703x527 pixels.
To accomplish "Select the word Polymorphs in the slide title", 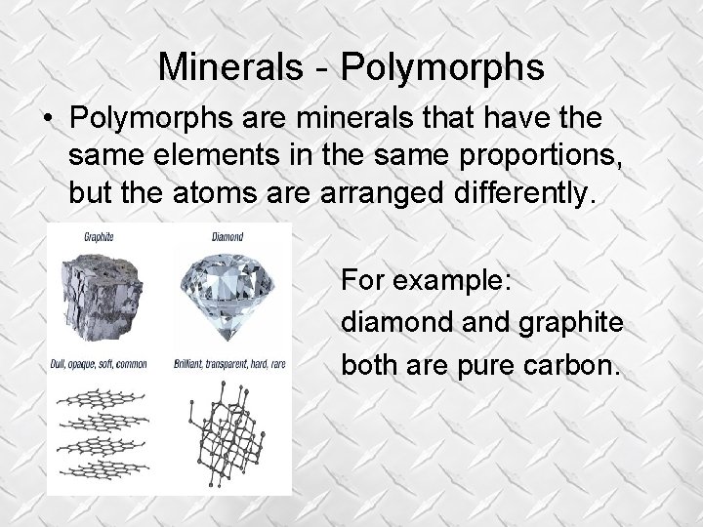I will point(441,67).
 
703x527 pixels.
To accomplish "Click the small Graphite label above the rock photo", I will point(98,236).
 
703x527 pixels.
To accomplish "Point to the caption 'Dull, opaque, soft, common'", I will point(98,364).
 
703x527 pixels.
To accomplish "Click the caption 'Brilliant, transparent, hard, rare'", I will point(230,364).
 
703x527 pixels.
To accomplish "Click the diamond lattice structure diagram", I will point(228,429).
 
